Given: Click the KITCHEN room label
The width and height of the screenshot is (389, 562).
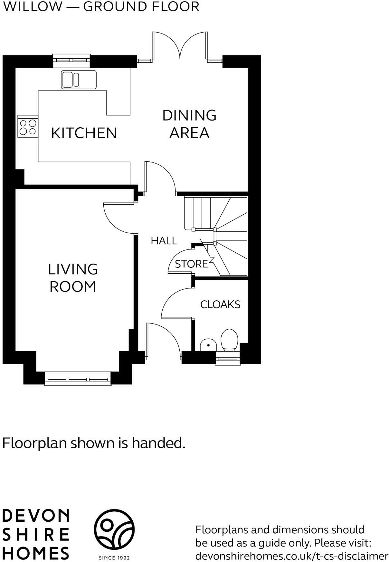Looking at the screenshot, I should point(84,133).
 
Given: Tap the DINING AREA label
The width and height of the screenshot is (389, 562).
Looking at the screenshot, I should point(189,124).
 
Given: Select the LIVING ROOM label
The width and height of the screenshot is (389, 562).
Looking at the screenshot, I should point(73,278).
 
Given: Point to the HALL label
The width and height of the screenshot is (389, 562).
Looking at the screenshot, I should point(164,241).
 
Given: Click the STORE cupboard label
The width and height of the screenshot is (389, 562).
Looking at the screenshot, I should point(191,264).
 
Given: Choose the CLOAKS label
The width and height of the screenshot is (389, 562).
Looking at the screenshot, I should point(220,305).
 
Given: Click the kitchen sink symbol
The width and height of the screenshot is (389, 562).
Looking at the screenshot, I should point(79,80).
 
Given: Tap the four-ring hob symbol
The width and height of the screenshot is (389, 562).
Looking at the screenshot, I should point(28,127).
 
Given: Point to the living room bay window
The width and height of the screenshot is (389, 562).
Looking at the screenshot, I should point(77,379).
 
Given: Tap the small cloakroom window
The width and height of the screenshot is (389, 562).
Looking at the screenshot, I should point(228,358).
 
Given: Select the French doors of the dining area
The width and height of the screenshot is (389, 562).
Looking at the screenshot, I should point(180,46).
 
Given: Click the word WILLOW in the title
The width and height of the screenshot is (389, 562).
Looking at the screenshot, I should point(32,6).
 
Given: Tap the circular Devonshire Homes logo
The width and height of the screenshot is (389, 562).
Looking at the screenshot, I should point(114,530).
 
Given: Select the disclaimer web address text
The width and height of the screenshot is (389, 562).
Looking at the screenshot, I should point(292,556).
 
